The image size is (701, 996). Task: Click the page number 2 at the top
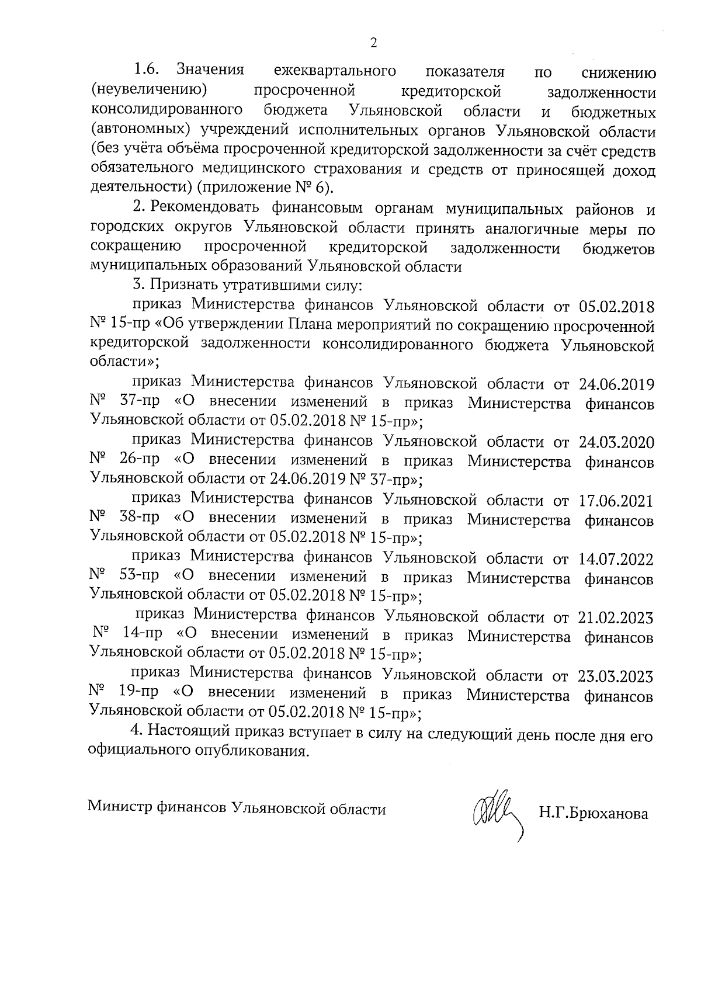[x=374, y=42]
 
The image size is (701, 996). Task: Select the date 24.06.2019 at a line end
[x=616, y=384]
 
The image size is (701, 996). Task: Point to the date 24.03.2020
[x=616, y=442]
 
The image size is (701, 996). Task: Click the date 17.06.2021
[x=616, y=501]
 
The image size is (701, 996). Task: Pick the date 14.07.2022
[x=616, y=559]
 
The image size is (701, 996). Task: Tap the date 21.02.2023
[x=616, y=617]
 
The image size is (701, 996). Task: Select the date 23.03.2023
[x=616, y=676]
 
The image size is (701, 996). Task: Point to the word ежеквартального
[x=334, y=71]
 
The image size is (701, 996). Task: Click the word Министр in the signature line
[x=119, y=810]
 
